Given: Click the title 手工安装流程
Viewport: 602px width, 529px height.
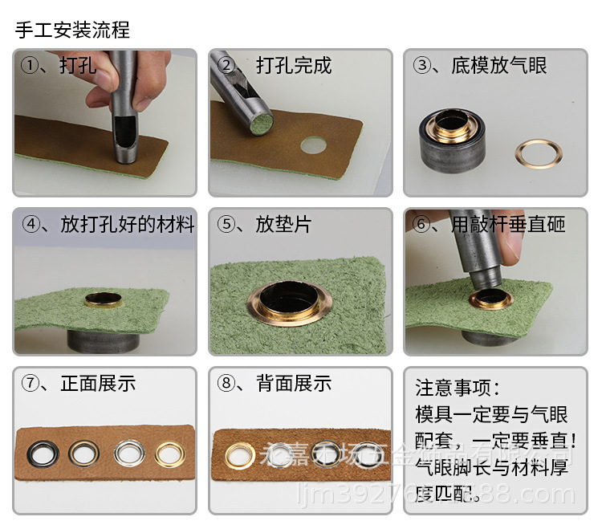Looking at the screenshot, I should click(x=72, y=31).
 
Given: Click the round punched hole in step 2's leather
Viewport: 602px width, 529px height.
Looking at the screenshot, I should click(x=314, y=145).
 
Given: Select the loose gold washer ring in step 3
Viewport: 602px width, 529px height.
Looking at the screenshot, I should click(x=538, y=153).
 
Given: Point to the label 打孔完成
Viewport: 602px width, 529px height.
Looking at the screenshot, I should click(x=294, y=66).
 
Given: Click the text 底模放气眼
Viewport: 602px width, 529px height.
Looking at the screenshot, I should click(x=498, y=66).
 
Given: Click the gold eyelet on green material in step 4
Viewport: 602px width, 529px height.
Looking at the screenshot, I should click(x=103, y=301).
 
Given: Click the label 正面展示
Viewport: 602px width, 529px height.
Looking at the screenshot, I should click(x=98, y=383).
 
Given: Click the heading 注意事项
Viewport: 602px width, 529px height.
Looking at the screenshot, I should click(x=458, y=389).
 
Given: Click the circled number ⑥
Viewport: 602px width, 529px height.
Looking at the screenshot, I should click(x=421, y=224).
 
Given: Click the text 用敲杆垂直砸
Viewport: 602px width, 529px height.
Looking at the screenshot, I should click(x=507, y=224).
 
